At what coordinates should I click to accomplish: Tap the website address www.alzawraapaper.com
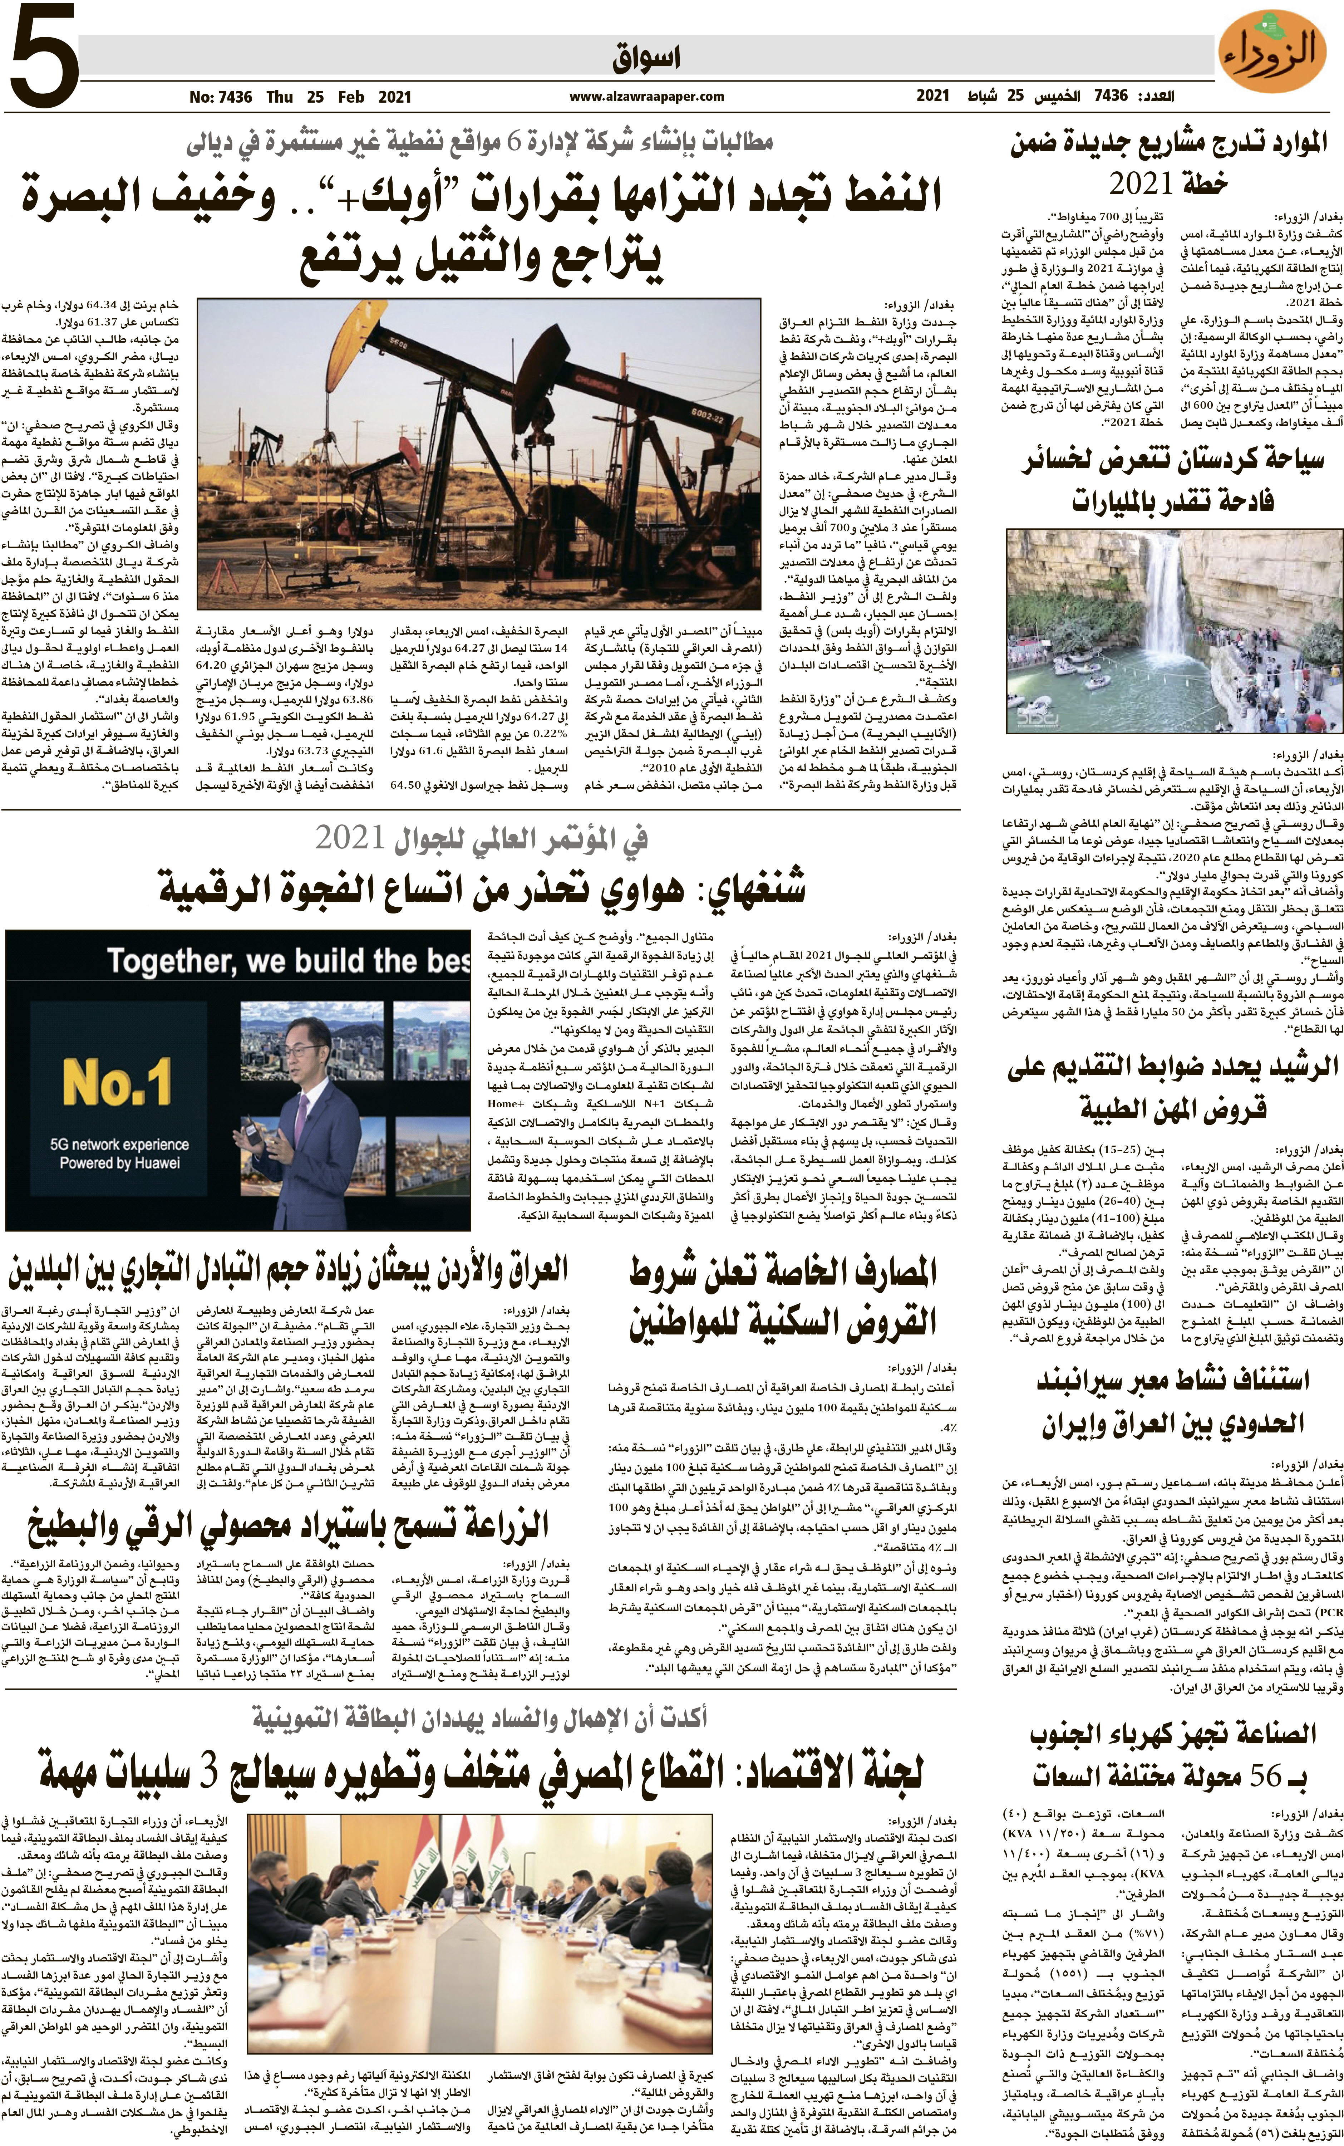(646, 97)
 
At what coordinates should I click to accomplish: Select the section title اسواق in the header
(646, 59)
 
